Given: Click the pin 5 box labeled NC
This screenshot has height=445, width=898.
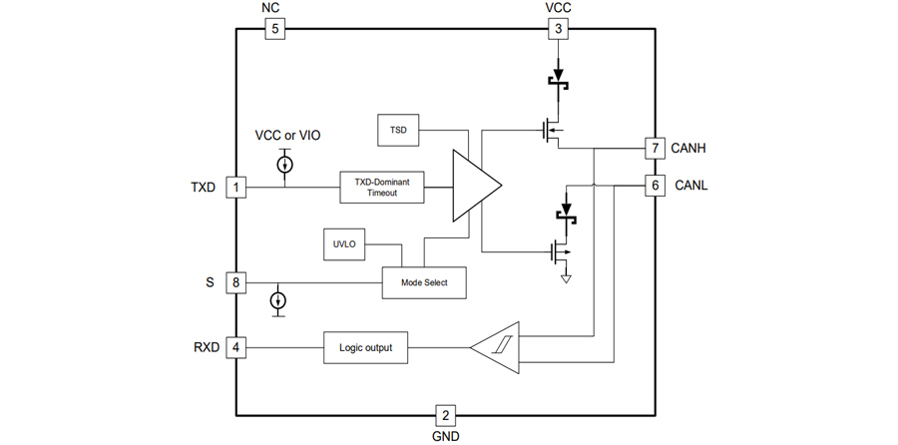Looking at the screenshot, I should click(x=274, y=29).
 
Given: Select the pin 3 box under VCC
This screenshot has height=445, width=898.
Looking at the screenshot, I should click(x=559, y=29).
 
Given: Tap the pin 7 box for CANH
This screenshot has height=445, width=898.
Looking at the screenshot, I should click(x=654, y=149).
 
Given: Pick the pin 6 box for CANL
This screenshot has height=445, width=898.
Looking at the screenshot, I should click(x=654, y=186).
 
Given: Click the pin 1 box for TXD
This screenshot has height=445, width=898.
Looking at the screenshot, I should click(x=235, y=187).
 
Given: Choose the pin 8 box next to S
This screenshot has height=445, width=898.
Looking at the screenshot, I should click(x=235, y=282).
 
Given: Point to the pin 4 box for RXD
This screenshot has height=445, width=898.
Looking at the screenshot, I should click(x=235, y=348).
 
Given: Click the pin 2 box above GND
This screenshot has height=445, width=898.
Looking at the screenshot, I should click(x=446, y=415).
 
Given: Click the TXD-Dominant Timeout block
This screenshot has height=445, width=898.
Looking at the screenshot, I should click(x=382, y=187).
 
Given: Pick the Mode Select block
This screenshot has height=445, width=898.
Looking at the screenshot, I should click(x=424, y=282).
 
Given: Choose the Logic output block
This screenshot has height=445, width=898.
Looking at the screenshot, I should click(x=366, y=348).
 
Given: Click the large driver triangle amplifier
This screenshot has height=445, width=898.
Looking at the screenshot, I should click(x=474, y=186).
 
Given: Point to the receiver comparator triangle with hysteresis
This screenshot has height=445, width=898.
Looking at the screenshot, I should click(x=500, y=348).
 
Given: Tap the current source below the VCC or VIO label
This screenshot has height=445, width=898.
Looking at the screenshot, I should click(x=285, y=163).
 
